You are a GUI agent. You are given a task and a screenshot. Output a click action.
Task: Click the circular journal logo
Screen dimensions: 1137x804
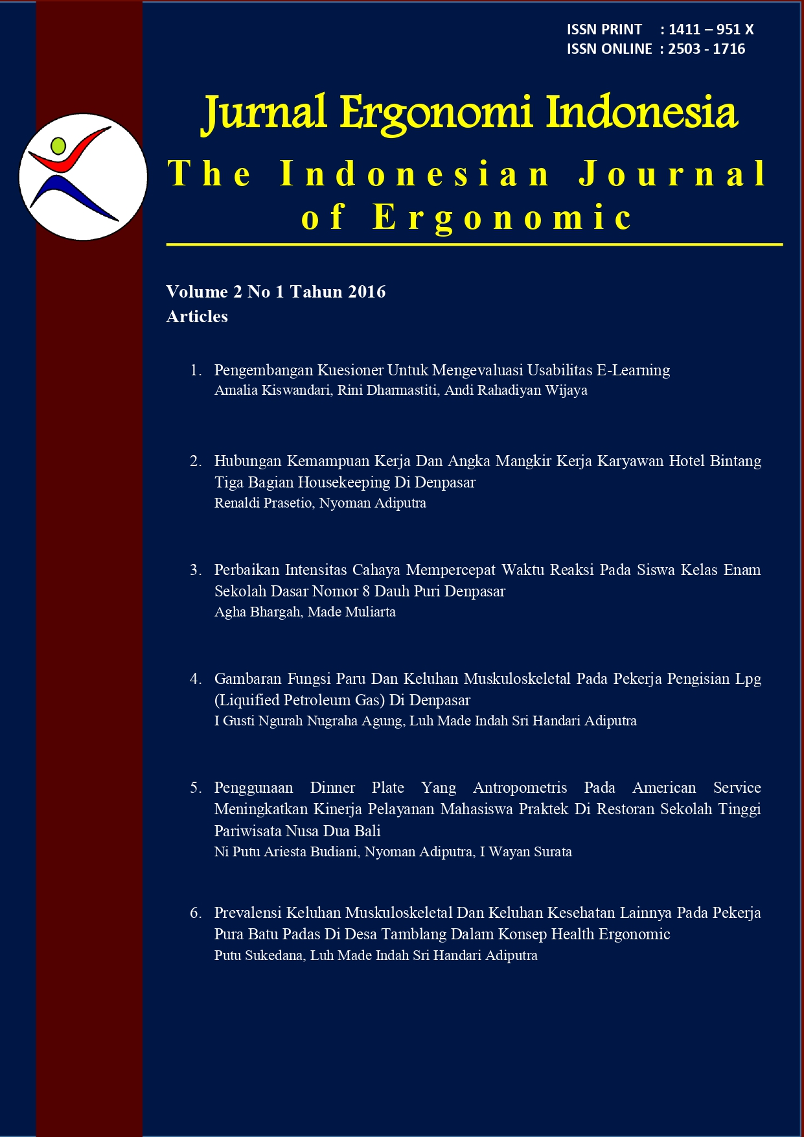(83, 177)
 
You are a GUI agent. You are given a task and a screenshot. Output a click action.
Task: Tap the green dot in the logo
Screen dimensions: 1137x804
(58, 145)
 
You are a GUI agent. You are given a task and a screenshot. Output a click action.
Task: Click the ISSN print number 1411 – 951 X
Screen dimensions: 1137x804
(711, 29)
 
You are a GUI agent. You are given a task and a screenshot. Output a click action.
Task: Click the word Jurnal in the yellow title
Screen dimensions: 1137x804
(264, 113)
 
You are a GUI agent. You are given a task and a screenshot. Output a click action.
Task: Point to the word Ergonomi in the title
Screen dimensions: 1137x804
(436, 113)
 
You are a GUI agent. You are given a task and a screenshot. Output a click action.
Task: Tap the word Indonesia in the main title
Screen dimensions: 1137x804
(641, 113)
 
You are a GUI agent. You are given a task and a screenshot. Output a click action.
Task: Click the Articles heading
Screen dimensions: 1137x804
(197, 316)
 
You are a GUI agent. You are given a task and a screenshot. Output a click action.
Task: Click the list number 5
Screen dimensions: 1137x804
(195, 788)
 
